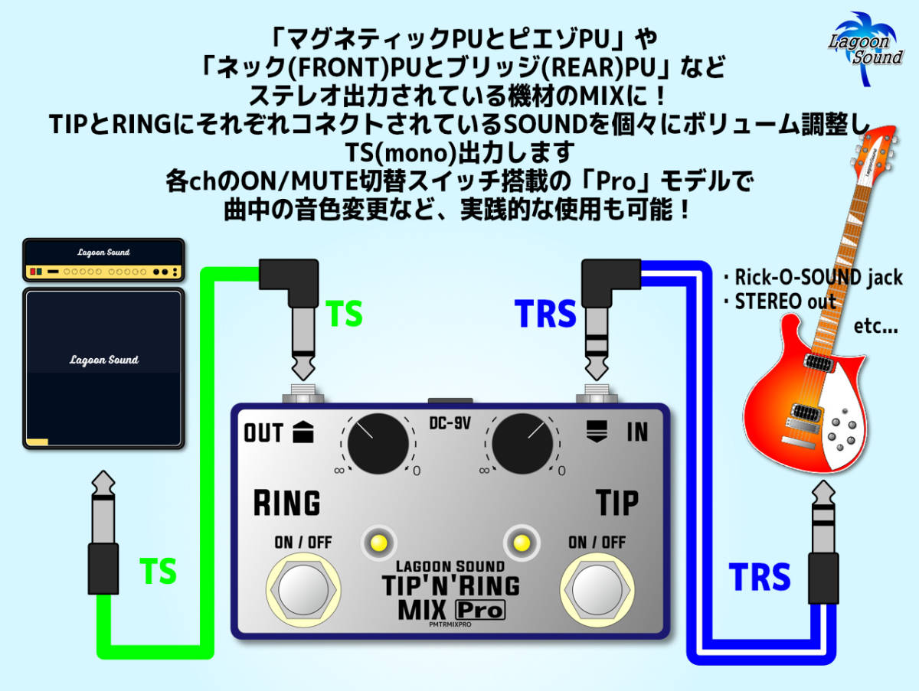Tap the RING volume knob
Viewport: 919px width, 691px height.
pos(378,444)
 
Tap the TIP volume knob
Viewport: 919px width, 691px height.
pos(523,444)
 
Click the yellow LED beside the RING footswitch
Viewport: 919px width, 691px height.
pos(378,543)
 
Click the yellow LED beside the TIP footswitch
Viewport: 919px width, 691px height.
pos(522,543)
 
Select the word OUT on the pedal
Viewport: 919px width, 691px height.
pos(263,433)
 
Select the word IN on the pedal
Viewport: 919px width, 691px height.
pos(637,432)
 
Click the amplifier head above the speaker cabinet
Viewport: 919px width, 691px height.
pos(103,260)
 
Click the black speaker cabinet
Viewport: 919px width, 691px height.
pos(103,367)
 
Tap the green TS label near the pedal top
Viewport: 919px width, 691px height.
pos(344,315)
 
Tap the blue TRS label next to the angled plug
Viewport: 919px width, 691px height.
pos(545,315)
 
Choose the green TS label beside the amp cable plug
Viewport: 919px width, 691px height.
pos(158,572)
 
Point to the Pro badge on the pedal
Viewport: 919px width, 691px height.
pos(480,610)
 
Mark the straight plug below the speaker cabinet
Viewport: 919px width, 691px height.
pos(103,536)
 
